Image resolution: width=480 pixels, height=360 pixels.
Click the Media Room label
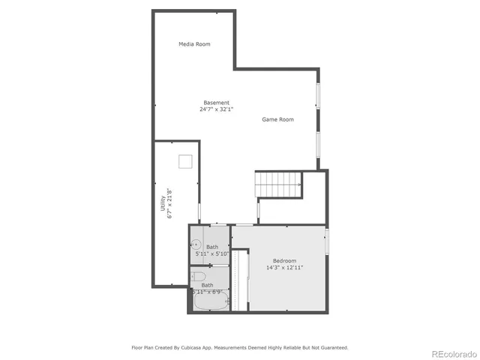coord(194,44)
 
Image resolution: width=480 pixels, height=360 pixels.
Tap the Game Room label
coord(277,119)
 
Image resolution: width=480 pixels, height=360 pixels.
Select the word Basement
coord(217,103)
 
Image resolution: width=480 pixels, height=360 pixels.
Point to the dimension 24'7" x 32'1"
coord(217,109)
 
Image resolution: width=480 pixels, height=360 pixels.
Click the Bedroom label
coord(284,260)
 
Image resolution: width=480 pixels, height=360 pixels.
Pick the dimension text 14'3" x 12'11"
coord(284,267)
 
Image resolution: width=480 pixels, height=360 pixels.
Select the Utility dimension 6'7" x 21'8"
coord(170,203)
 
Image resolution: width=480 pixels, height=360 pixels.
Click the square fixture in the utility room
coord(185,161)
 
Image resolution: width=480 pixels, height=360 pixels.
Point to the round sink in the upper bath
coord(194,244)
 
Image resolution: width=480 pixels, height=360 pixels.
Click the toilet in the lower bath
coord(198,278)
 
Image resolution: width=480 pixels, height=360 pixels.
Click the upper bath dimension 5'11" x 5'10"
coord(211,253)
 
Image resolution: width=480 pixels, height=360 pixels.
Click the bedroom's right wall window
coord(326,241)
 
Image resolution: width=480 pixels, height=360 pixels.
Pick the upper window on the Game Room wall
coord(318,95)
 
